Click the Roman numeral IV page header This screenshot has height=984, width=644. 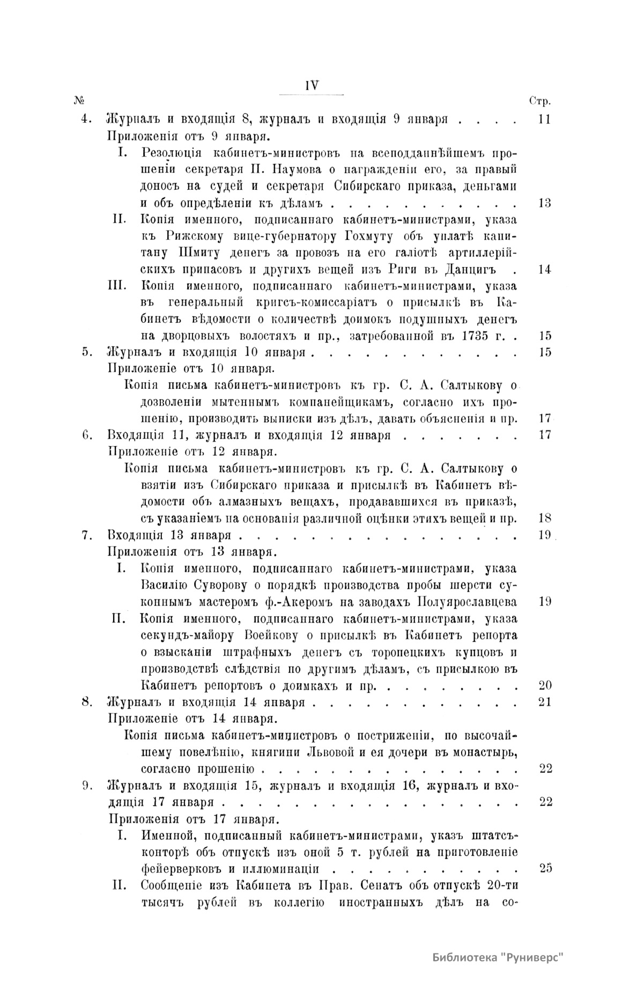(312, 85)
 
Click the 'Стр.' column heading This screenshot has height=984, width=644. (541, 101)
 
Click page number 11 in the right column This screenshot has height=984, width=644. (544, 120)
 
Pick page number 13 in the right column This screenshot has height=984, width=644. (544, 203)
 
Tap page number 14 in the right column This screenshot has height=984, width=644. (544, 270)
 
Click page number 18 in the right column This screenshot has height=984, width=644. (544, 519)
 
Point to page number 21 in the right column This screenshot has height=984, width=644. (544, 702)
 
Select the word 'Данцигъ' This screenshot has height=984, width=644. (470, 270)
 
